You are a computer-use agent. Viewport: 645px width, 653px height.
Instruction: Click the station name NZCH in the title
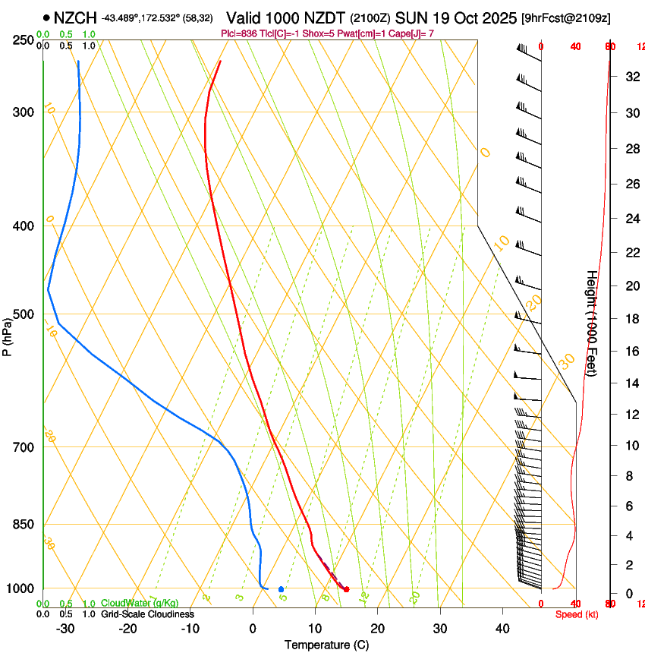tap(75, 17)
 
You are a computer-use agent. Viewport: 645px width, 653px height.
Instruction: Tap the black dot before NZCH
tap(47, 17)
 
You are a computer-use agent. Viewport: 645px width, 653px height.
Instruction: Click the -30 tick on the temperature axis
tap(66, 628)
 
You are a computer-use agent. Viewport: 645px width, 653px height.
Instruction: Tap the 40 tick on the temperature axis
tap(502, 628)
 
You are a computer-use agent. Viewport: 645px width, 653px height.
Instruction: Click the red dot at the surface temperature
tap(346, 589)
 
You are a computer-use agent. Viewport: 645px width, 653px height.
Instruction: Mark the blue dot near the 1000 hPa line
tap(281, 589)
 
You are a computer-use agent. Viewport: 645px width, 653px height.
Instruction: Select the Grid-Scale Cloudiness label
tap(147, 614)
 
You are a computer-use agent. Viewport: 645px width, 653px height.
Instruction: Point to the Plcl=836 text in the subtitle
tap(238, 33)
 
